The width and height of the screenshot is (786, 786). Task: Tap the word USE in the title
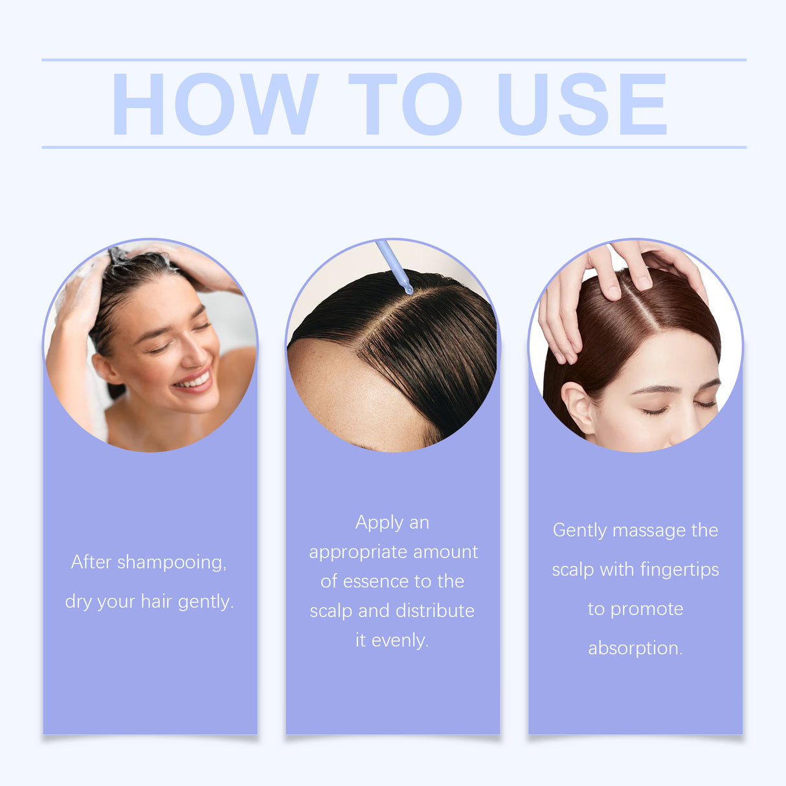coord(582,104)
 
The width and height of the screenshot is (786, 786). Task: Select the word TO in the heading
coord(405,104)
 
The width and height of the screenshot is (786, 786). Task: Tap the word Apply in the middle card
coord(379,523)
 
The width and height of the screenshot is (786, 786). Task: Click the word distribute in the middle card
coord(435,611)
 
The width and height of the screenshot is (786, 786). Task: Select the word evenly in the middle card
coord(399,640)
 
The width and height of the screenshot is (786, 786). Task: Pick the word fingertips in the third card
coord(679,570)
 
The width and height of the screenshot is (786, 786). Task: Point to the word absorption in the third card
coord(635,648)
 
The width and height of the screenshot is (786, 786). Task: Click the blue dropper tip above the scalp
coord(408,289)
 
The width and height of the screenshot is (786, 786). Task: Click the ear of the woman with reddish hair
coord(578,408)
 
